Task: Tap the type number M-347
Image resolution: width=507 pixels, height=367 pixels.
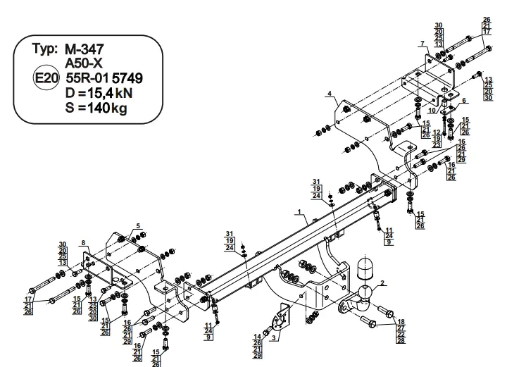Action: click(85, 49)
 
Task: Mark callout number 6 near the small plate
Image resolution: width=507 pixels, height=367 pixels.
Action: click(464, 101)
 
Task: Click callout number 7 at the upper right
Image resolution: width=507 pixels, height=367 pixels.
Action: click(423, 44)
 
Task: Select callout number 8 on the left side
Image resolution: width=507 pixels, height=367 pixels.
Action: click(83, 242)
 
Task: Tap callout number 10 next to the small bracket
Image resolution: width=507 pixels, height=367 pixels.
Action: click(431, 111)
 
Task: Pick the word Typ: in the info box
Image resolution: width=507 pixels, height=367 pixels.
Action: click(46, 49)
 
